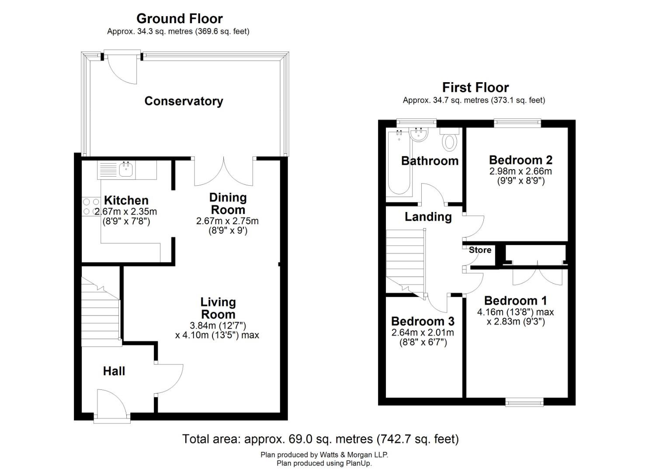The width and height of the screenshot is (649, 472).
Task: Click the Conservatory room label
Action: (184, 101)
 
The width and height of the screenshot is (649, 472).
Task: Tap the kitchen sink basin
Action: (126, 169)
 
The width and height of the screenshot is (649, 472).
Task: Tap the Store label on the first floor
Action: (480, 250)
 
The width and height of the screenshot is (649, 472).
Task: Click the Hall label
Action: (114, 371)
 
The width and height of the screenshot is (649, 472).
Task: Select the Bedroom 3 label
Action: (423, 321)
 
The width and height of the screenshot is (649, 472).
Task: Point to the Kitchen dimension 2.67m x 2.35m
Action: (126, 212)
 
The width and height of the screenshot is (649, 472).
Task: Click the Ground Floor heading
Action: (179, 18)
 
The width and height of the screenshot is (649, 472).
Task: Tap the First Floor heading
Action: (475, 87)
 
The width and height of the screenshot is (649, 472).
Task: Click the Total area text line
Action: (320, 439)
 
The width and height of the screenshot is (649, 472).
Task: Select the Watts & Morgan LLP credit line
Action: (324, 455)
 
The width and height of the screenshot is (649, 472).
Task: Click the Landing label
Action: (428, 217)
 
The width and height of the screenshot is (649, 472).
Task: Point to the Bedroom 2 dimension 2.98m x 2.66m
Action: (521, 171)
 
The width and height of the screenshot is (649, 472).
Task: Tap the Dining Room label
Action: (228, 203)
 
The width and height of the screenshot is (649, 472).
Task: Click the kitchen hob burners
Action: (91, 207)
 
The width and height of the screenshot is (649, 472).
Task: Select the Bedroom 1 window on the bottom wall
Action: (524, 402)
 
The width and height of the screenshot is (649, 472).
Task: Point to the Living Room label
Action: (218, 308)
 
